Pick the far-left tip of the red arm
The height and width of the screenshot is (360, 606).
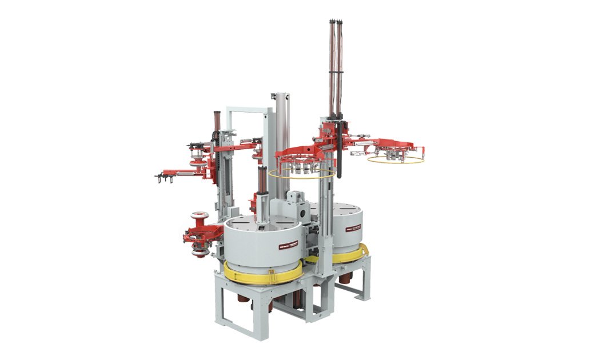coord(158,176)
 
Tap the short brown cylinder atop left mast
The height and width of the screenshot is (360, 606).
coord(217,120)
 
